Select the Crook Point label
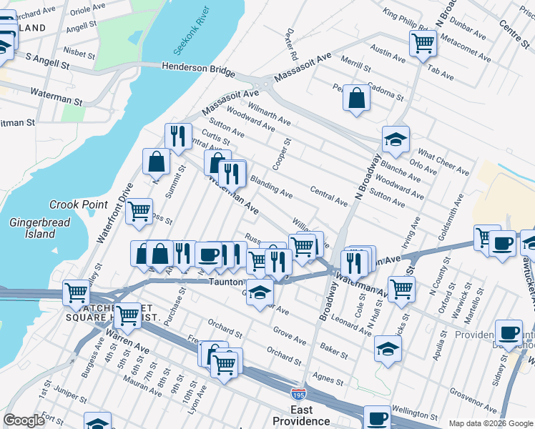(78, 204)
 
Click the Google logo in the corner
(24, 420)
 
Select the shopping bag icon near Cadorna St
(355, 98)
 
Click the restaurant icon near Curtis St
(178, 135)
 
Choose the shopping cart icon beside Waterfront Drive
(139, 210)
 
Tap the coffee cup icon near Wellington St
(377, 418)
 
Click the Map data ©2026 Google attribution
(490, 423)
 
